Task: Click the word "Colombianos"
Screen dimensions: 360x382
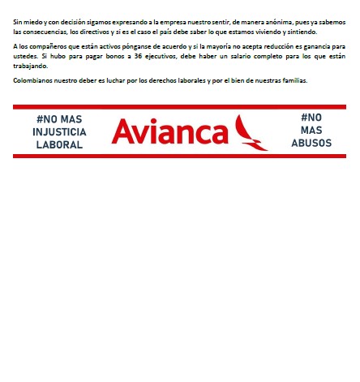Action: pyautogui.click(x=35, y=80)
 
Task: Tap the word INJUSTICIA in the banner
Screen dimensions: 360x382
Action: pyautogui.click(x=59, y=131)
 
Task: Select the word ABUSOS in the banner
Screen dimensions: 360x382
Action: pyautogui.click(x=311, y=143)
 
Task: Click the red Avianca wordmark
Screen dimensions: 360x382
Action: pyautogui.click(x=169, y=131)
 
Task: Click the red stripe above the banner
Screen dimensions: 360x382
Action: pyautogui.click(x=179, y=106)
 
